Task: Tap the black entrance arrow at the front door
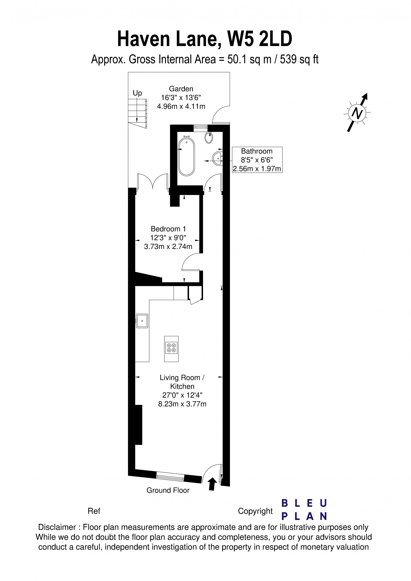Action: click(212, 484)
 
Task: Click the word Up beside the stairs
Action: click(137, 93)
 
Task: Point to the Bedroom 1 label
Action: click(168, 229)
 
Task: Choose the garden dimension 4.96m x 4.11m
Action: click(181, 107)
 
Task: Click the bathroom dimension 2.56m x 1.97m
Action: click(257, 169)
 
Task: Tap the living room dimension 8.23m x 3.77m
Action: click(182, 404)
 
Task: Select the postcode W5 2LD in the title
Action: click(260, 39)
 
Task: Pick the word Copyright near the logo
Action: click(255, 511)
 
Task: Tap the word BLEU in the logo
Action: click(304, 503)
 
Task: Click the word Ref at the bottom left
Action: click(94, 511)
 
